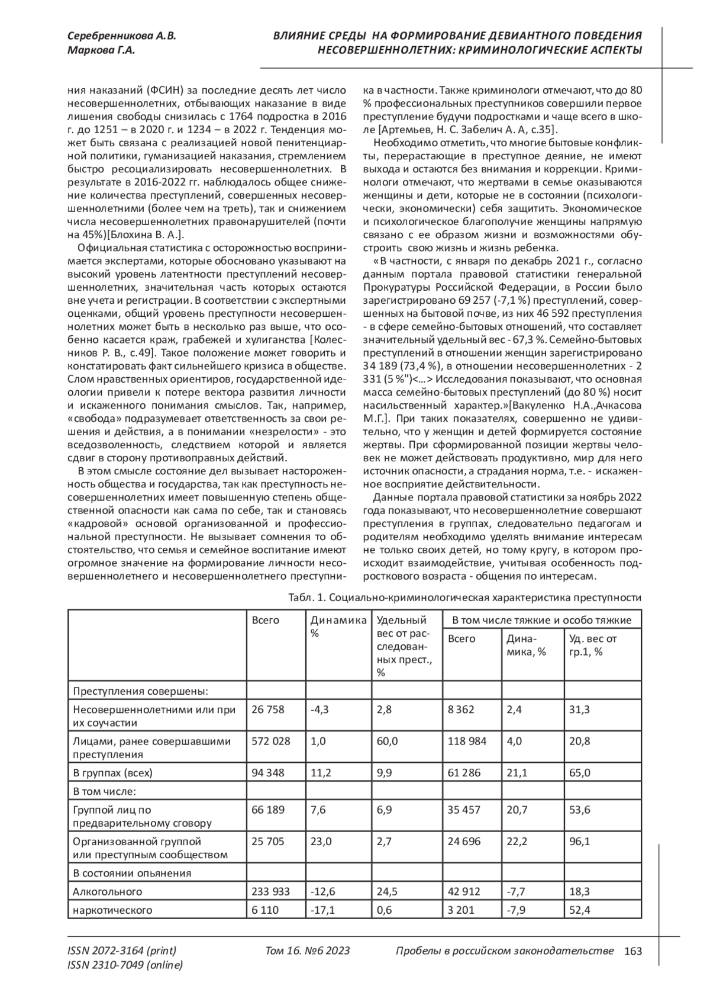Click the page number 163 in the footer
[x=632, y=951]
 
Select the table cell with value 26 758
[x=267, y=709]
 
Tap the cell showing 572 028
[x=271, y=741]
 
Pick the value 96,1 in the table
[x=579, y=841]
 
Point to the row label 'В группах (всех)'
[x=112, y=772]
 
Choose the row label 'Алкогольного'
[x=107, y=891]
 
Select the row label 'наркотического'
[x=112, y=910]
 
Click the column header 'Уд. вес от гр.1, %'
[x=593, y=645]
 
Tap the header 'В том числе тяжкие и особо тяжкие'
[x=541, y=620]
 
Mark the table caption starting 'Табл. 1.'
[x=464, y=598]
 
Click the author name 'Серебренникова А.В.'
[x=121, y=36]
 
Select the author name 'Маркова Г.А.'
[x=101, y=50]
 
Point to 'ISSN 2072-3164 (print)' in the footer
[x=122, y=951]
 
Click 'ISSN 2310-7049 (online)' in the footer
[x=125, y=965]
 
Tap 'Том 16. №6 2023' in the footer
[x=308, y=951]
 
